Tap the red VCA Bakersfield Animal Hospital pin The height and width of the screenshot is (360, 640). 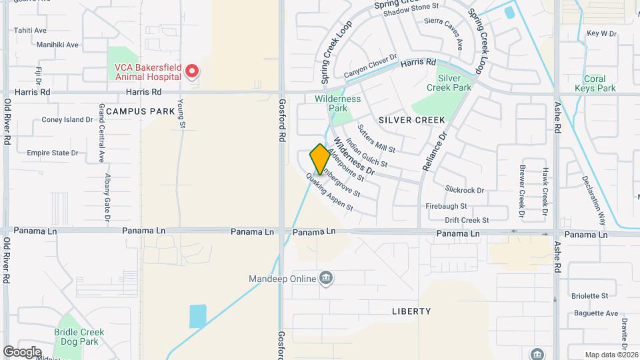pos(192,70)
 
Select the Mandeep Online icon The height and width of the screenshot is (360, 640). pos(326,278)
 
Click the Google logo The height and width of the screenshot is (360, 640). pos(22,351)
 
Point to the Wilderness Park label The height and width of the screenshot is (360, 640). pos(338,103)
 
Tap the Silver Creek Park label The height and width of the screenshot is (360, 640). pos(449,83)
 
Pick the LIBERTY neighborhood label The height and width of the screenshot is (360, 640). pos(411,311)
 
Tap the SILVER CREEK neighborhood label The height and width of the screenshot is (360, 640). pos(411,120)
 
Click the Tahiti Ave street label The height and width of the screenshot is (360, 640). pos(30,31)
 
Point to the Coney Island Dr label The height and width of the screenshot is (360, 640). pos(67,120)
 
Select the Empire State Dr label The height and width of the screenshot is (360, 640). pos(53,153)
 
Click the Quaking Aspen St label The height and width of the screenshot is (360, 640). pos(329,192)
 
